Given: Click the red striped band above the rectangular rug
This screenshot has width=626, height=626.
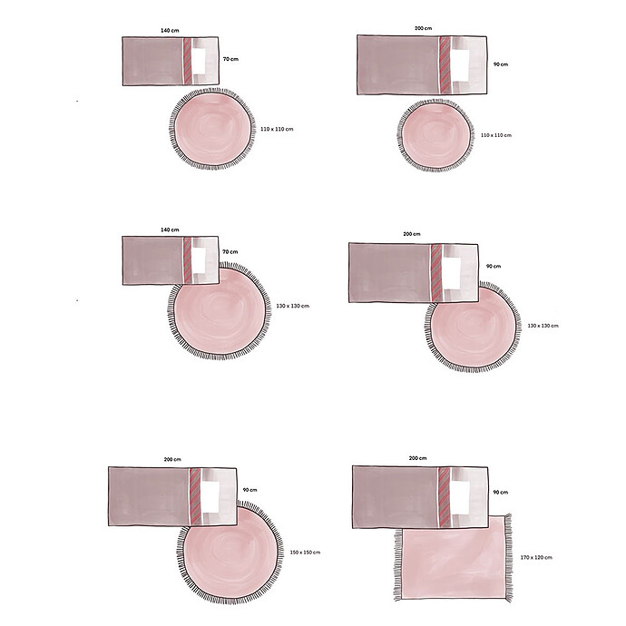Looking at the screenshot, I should point(445,494).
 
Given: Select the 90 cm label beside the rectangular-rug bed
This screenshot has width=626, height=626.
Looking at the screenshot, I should point(500,491).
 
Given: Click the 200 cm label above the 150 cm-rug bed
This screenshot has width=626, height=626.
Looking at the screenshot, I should point(172,460).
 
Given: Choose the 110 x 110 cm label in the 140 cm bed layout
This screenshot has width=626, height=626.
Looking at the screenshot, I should point(277,130).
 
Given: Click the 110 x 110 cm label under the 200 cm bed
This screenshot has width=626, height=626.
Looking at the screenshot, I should point(495,135).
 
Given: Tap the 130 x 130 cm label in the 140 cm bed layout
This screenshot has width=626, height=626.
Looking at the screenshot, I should point(293,306).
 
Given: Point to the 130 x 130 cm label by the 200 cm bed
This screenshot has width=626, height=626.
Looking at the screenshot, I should point(543,326).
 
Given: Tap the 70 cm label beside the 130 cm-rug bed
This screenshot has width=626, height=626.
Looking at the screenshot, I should point(230,251).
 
